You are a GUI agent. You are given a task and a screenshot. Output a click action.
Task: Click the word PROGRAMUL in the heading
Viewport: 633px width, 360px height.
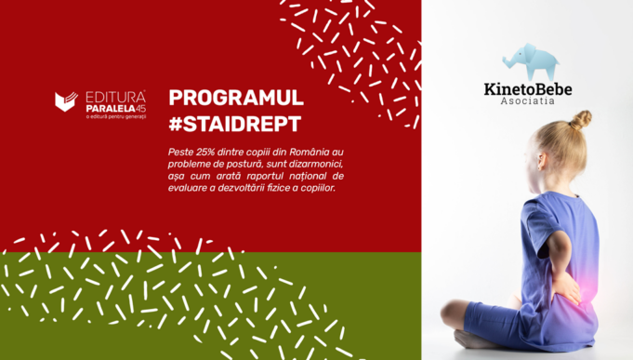[x=236, y=98]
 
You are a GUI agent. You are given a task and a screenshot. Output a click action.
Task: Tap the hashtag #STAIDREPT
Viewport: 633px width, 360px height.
[x=235, y=124]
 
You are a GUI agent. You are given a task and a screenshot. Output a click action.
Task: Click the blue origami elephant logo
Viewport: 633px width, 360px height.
[x=530, y=61]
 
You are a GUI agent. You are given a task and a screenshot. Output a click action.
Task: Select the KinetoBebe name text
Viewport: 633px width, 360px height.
[x=528, y=89]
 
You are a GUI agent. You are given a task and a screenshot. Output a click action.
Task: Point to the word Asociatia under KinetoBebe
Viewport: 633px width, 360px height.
[x=527, y=101]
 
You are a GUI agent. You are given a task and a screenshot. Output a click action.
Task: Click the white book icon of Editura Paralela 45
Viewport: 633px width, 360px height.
[x=66, y=101]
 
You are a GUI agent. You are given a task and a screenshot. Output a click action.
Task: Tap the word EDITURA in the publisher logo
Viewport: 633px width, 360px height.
[x=115, y=98]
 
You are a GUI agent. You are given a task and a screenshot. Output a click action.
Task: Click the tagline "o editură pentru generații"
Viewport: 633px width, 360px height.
[x=116, y=117]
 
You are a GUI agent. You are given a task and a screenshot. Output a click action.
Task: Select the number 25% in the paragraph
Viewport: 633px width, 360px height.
[x=205, y=153]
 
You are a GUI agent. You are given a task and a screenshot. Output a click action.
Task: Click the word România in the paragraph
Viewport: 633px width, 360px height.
[x=310, y=152]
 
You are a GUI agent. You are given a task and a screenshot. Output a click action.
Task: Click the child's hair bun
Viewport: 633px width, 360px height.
[x=581, y=120]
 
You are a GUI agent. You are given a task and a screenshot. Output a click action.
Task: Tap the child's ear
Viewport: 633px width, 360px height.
[x=541, y=161]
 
